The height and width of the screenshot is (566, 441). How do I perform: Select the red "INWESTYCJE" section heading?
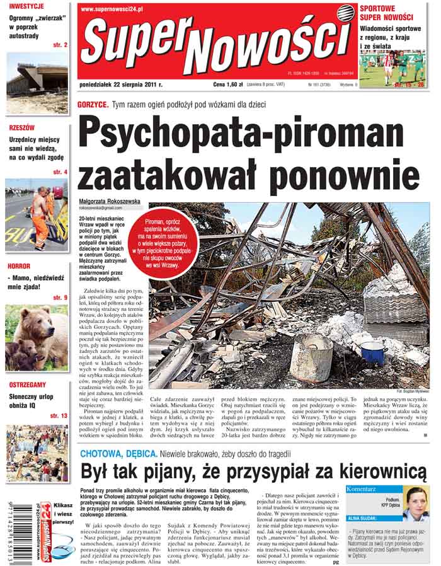(26, 6)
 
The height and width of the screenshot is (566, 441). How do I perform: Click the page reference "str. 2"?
(60, 45)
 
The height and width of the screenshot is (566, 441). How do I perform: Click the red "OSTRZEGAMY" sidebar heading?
(27, 384)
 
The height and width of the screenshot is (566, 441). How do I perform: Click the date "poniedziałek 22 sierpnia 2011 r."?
(121, 84)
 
